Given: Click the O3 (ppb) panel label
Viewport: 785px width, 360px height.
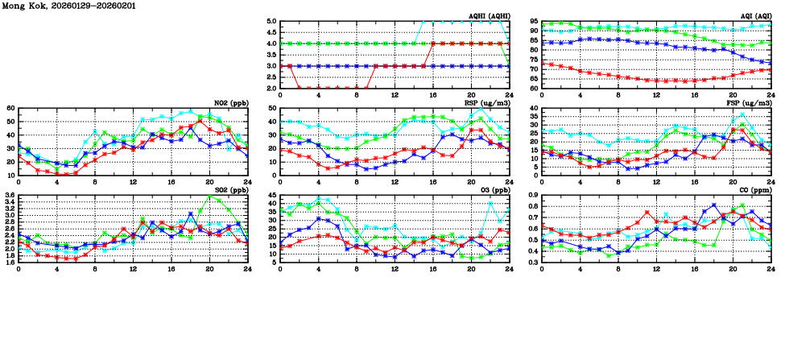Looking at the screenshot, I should (x=493, y=190).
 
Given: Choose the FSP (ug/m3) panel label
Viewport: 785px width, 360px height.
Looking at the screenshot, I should (x=749, y=103).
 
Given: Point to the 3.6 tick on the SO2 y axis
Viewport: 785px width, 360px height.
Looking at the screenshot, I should (x=9, y=196).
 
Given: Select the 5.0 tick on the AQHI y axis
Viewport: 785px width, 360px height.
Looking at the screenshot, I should (x=271, y=22).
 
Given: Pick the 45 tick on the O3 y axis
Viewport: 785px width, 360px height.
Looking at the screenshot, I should (x=272, y=196).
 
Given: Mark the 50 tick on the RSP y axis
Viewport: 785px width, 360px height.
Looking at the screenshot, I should (x=272, y=109).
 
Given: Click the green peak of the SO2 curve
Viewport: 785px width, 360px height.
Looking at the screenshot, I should (x=210, y=197).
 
